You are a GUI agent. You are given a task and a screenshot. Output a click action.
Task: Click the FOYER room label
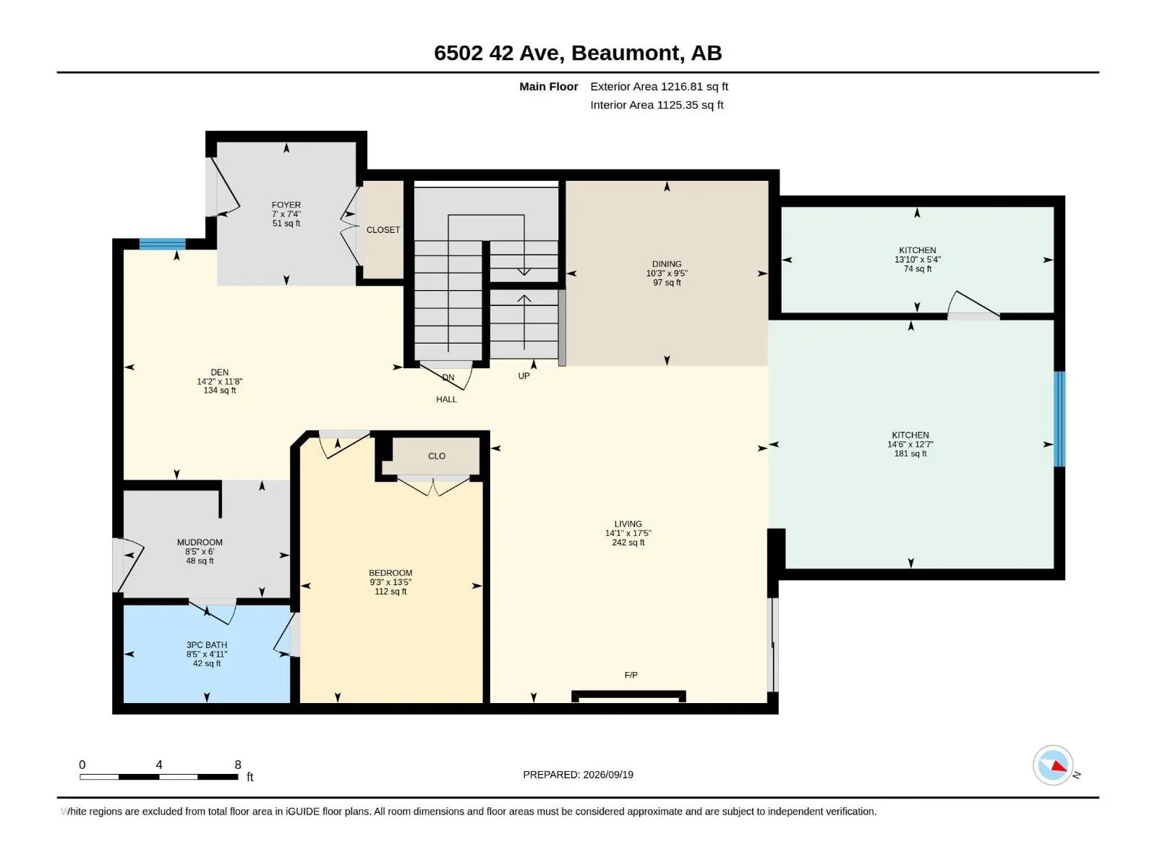(x=286, y=205)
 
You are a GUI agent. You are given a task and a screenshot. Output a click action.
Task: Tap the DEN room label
(x=219, y=372)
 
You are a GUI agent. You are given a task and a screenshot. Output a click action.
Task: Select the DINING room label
(x=666, y=263)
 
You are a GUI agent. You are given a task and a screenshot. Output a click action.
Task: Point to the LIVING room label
(x=628, y=523)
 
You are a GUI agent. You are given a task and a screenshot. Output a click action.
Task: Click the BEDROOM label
(x=390, y=572)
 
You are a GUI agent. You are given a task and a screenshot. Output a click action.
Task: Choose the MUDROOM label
(x=200, y=542)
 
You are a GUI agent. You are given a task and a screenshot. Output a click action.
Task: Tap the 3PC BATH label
(x=207, y=644)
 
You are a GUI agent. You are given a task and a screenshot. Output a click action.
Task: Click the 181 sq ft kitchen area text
(x=910, y=454)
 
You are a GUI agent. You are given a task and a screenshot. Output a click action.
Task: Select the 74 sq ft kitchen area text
(x=917, y=269)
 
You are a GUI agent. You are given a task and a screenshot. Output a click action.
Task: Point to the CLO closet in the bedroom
(x=437, y=456)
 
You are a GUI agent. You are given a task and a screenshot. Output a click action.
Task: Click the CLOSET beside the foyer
(x=383, y=230)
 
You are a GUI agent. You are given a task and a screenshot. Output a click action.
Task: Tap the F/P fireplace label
(x=631, y=675)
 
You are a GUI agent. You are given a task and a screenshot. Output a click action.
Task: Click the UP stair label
(x=524, y=375)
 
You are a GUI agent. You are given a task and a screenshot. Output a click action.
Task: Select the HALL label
(x=446, y=399)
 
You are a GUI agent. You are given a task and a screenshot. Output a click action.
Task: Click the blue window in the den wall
(x=163, y=244)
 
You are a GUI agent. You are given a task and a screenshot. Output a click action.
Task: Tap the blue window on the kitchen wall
(x=1059, y=419)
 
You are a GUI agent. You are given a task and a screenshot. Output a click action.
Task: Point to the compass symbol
(x=1052, y=765)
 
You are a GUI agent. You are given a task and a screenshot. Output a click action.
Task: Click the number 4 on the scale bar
(x=158, y=764)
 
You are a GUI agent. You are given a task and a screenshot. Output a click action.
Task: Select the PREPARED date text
(x=578, y=774)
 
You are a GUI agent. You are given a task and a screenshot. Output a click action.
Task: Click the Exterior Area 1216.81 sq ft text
(x=659, y=86)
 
